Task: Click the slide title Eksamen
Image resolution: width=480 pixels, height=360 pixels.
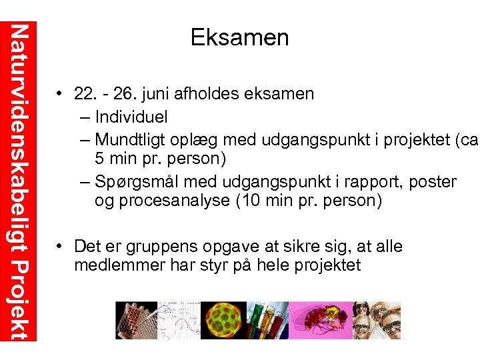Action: (239, 37)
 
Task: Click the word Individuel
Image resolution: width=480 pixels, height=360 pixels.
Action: (131, 117)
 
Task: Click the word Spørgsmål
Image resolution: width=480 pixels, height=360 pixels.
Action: (137, 181)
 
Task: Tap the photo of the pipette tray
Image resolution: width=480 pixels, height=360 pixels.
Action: (136, 320)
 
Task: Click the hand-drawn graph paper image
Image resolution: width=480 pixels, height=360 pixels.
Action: (178, 320)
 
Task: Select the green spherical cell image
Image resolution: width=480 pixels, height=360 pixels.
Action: (223, 320)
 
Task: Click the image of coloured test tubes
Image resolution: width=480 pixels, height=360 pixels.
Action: (267, 320)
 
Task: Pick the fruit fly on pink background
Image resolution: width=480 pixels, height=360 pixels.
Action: (319, 320)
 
